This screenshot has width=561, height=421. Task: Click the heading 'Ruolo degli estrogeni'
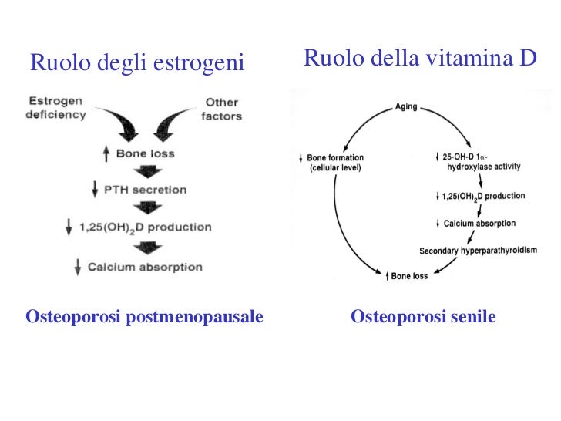[137, 63]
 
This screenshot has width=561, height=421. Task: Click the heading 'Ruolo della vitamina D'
[420, 58]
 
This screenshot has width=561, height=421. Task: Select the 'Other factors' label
[222, 109]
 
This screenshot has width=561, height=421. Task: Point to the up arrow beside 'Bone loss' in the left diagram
[106, 154]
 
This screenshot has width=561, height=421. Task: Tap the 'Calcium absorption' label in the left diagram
[145, 268]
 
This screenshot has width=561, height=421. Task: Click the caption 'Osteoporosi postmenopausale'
[144, 317]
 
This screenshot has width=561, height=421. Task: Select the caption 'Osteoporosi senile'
[423, 317]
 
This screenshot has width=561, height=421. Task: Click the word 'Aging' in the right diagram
[406, 107]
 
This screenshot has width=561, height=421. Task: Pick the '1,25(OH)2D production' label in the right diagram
[484, 197]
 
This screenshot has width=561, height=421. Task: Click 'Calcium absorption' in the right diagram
[479, 224]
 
